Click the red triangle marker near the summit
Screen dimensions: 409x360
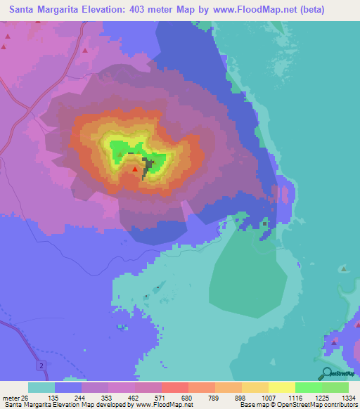(x=135, y=169)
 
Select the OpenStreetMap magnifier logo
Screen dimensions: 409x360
(x=326, y=374)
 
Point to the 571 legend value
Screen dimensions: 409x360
(x=167, y=397)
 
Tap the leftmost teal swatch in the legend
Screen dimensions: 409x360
(x=41, y=387)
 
